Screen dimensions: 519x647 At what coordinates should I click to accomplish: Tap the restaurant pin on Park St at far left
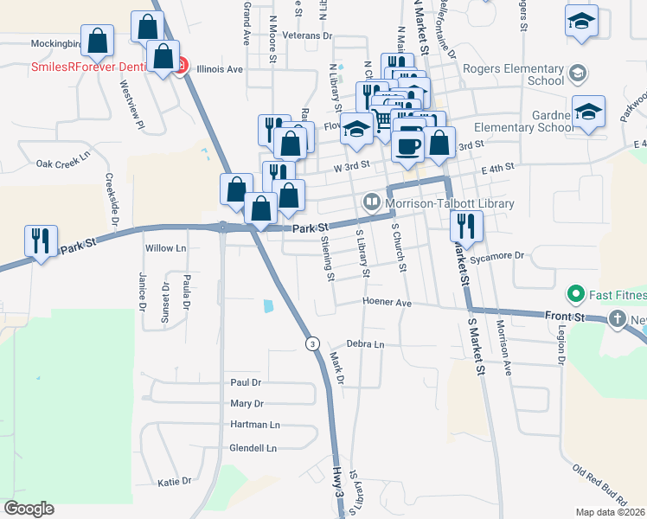point(41,241)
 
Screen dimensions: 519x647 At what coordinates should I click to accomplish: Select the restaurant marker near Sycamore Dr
point(466,226)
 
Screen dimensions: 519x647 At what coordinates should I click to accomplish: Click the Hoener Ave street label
point(387,304)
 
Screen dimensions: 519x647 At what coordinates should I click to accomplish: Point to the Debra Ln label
point(365,344)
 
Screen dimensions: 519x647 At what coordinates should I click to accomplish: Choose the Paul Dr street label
point(246,382)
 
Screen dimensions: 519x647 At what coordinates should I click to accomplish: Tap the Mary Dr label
point(247,404)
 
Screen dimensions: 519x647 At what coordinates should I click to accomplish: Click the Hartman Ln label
point(255,425)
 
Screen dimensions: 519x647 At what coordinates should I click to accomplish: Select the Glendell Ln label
point(253,448)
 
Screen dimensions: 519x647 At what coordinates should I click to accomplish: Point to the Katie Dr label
point(174,481)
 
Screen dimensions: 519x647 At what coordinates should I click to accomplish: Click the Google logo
point(29,509)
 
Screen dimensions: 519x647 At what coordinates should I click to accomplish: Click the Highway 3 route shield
point(311,344)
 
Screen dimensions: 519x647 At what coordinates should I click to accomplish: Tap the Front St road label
point(565,317)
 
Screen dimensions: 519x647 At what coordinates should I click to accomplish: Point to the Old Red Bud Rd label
point(600,484)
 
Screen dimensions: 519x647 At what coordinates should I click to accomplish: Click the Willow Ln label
point(166,248)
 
